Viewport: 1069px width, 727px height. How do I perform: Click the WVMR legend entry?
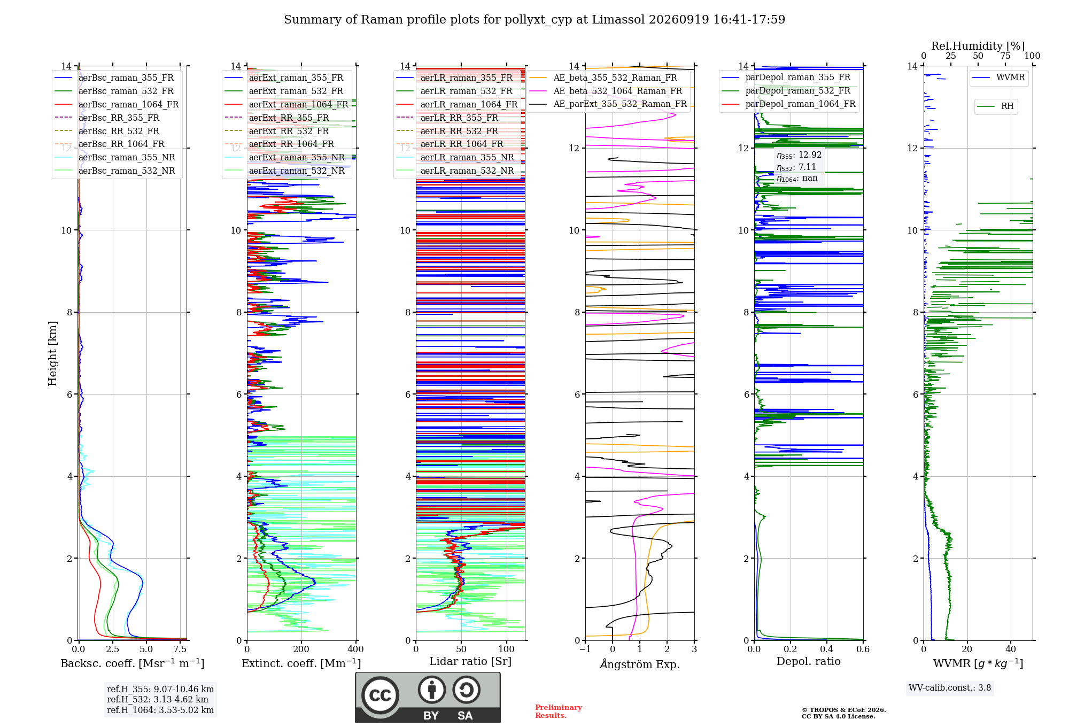pos(998,78)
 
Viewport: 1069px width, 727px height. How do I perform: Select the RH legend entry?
pos(995,106)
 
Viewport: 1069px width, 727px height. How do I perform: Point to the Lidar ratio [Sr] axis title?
pos(470,661)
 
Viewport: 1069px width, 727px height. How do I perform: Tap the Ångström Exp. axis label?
pos(640,664)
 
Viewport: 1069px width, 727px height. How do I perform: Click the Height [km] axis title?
pos(52,353)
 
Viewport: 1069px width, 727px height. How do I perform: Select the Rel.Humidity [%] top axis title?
pos(978,46)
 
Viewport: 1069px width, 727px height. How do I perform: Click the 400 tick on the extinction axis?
pos(356,649)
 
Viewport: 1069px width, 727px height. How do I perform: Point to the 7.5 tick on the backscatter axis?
pos(180,649)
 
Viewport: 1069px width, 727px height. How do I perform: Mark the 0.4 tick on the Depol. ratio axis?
pos(827,649)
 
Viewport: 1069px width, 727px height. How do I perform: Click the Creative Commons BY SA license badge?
pos(428,697)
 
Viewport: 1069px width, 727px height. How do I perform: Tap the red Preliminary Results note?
pos(559,711)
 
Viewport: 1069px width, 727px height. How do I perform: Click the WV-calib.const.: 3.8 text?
pos(950,688)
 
